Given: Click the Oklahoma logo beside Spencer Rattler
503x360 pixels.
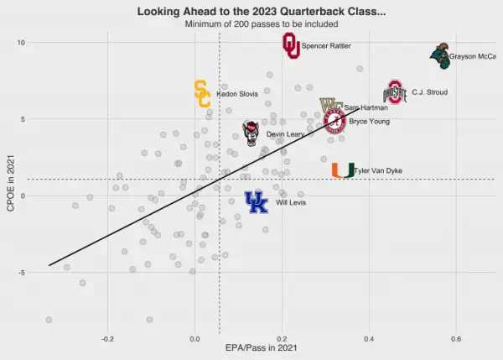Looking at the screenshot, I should click(x=291, y=46).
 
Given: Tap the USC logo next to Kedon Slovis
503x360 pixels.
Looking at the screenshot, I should click(x=202, y=94).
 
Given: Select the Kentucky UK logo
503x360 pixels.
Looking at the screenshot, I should click(x=256, y=202).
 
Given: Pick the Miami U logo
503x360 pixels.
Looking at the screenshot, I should click(x=342, y=170).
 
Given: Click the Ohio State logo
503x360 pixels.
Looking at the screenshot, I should click(x=395, y=92).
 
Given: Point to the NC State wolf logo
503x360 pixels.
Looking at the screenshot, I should click(x=251, y=133).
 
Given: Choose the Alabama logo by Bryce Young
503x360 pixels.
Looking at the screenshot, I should click(x=334, y=122).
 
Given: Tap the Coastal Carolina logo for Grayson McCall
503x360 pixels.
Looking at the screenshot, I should click(x=439, y=57).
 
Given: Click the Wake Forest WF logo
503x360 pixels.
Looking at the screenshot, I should click(x=330, y=107).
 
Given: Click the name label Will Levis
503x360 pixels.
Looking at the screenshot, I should click(x=291, y=203).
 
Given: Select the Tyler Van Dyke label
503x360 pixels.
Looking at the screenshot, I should click(x=378, y=171).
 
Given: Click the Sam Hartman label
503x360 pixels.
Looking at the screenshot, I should click(x=366, y=108).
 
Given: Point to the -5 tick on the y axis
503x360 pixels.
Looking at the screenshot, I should click(x=20, y=273).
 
